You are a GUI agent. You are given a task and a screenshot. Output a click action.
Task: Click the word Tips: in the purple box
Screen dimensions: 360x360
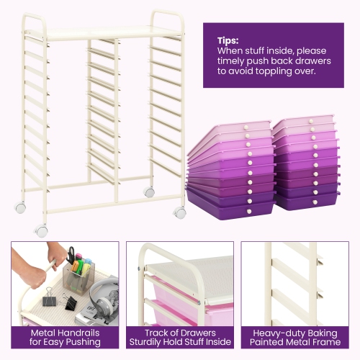tap(228, 40)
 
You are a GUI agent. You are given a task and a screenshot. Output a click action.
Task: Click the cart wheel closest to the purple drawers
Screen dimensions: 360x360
tap(180, 212)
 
